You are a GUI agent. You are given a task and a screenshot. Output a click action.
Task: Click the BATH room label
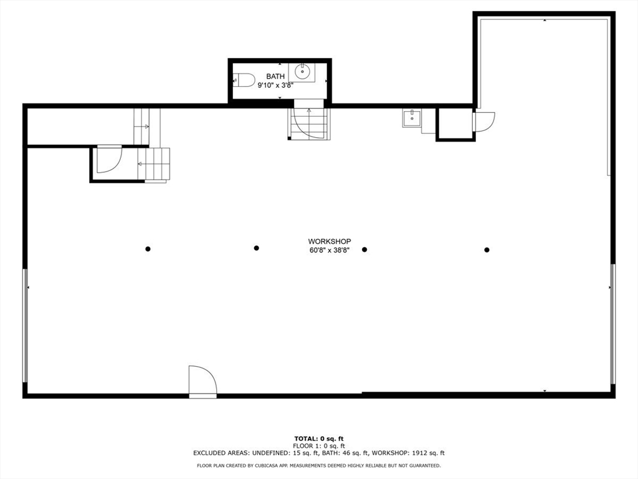point(275,76)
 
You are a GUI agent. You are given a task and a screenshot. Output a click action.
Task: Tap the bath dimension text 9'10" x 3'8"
point(275,85)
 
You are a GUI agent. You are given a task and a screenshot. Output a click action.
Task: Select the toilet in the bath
point(244,79)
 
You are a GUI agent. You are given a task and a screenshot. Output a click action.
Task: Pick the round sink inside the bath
point(303,72)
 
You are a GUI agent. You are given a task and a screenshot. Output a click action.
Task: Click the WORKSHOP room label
point(330,241)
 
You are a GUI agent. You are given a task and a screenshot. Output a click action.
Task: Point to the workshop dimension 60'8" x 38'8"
point(330,250)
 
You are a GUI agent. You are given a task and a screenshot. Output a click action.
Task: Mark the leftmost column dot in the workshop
point(148,249)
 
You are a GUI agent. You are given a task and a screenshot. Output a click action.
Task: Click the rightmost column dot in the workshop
point(487,250)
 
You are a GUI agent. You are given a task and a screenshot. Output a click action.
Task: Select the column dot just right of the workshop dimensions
point(364,249)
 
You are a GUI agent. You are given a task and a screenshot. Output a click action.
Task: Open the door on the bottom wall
point(202,382)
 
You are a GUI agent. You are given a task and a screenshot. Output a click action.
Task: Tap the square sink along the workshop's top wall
point(411,117)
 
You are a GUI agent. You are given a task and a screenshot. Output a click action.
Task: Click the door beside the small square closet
point(484,121)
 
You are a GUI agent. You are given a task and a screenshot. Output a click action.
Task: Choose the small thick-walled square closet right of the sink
point(455,124)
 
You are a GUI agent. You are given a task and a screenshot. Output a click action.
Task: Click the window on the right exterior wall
point(612,324)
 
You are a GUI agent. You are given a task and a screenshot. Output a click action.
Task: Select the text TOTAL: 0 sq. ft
point(319,438)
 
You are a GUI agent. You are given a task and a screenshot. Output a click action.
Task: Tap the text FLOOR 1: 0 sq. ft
point(319,446)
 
